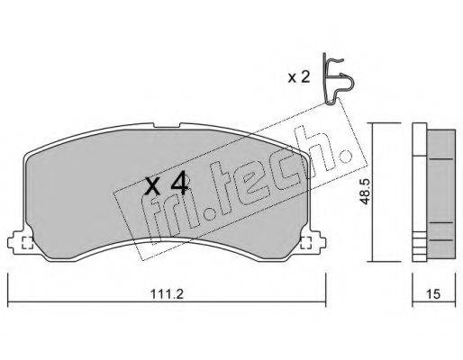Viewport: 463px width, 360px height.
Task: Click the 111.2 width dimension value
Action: point(167,293)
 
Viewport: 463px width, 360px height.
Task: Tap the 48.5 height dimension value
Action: point(365,192)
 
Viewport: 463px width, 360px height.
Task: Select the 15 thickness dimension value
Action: point(432,293)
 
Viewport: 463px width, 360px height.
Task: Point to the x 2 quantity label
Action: point(299,77)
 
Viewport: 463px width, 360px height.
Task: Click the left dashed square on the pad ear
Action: point(28,242)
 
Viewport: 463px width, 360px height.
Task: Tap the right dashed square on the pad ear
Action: point(305,242)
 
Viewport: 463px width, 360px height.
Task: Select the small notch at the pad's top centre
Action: point(167,125)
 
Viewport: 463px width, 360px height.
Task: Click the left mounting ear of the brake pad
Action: point(19,241)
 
